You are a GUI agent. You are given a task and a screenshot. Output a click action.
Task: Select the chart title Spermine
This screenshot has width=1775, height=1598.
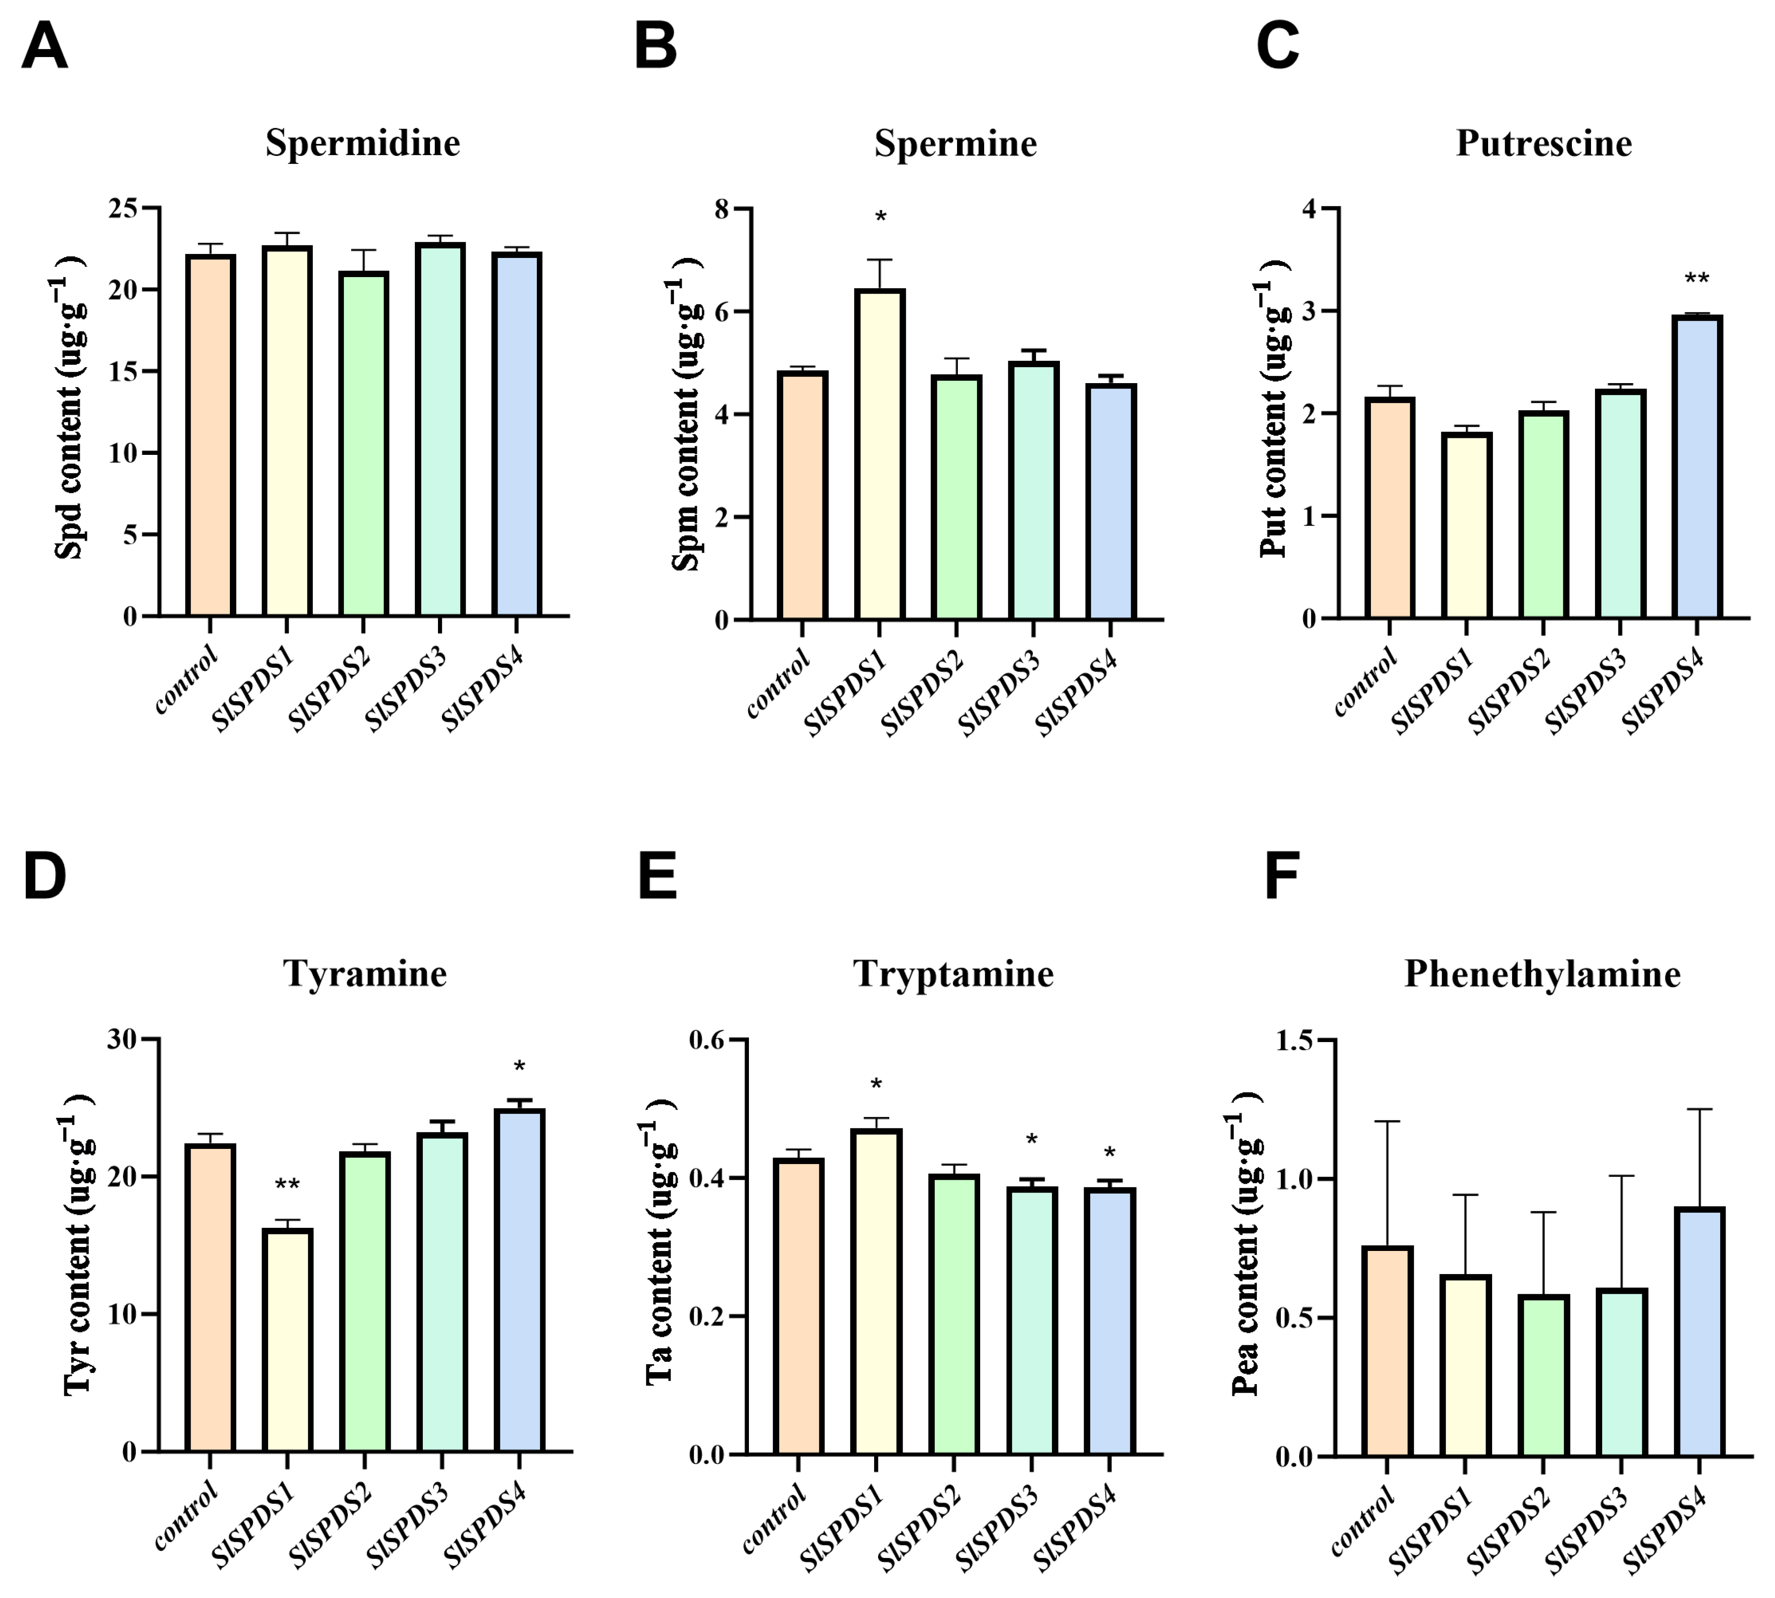tap(956, 143)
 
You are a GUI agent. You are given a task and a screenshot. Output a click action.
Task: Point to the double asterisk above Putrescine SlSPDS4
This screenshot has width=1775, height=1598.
tap(1697, 280)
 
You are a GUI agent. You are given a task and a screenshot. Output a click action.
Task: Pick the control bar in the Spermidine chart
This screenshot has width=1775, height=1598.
tap(210, 436)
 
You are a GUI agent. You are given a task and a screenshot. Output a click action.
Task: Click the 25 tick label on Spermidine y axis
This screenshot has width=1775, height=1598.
tap(123, 209)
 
